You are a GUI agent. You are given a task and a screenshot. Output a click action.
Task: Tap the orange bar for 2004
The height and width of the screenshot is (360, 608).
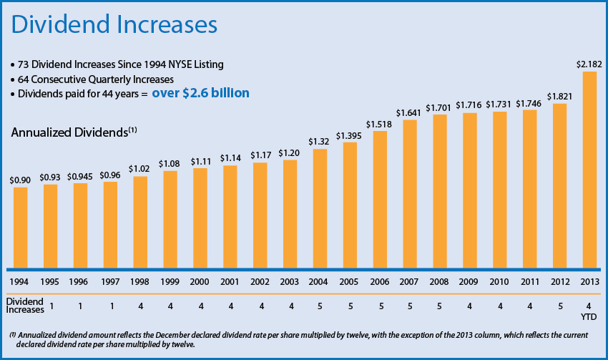[320, 208]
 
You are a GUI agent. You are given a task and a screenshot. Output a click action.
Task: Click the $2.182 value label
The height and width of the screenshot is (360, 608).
[589, 64]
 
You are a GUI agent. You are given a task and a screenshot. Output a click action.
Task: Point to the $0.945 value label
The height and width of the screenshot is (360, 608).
[81, 176]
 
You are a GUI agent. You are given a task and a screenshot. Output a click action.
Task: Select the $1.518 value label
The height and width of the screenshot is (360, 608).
[380, 124]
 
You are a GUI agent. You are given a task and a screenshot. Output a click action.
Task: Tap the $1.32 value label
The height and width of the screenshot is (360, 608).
[320, 142]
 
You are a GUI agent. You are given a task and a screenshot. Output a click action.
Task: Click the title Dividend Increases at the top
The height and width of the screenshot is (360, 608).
[113, 25]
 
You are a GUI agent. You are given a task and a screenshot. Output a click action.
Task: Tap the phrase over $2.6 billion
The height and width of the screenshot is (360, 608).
[200, 92]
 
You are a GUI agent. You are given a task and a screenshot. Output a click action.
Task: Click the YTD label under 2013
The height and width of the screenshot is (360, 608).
[589, 316]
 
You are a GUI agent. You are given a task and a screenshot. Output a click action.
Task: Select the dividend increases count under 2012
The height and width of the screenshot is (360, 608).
[560, 306]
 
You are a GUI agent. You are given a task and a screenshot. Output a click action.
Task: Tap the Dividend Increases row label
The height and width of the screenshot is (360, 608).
[23, 306]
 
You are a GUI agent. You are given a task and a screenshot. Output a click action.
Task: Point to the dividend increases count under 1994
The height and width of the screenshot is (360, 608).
[51, 306]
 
